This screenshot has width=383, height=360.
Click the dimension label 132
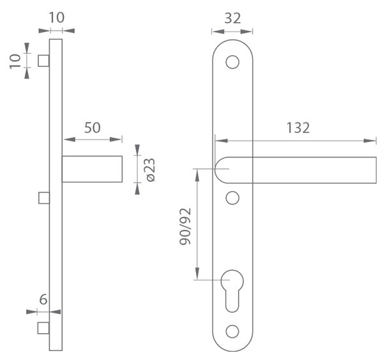[297, 128]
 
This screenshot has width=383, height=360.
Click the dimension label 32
[232, 19]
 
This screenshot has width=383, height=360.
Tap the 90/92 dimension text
[185, 227]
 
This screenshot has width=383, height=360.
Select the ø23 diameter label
[151, 170]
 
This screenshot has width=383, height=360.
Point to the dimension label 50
[93, 128]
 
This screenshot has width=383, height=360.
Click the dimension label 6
[43, 299]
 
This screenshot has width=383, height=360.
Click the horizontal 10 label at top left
[57, 18]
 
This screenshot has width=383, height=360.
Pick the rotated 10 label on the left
[15, 61]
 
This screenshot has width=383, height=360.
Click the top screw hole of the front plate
[232, 62]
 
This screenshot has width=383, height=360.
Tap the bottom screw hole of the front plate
[232, 331]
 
